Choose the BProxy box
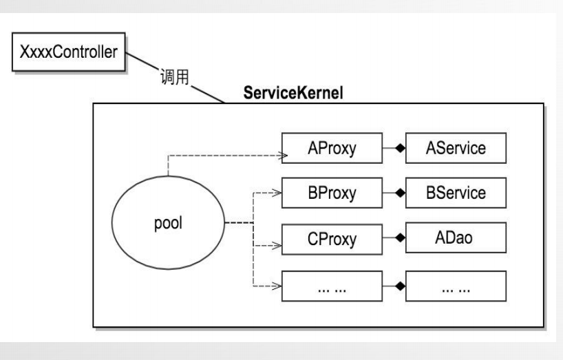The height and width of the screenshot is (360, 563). pyautogui.click(x=332, y=193)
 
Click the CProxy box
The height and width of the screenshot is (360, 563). pyautogui.click(x=332, y=239)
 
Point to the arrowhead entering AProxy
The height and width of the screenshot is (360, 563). pyautogui.click(x=280, y=156)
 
